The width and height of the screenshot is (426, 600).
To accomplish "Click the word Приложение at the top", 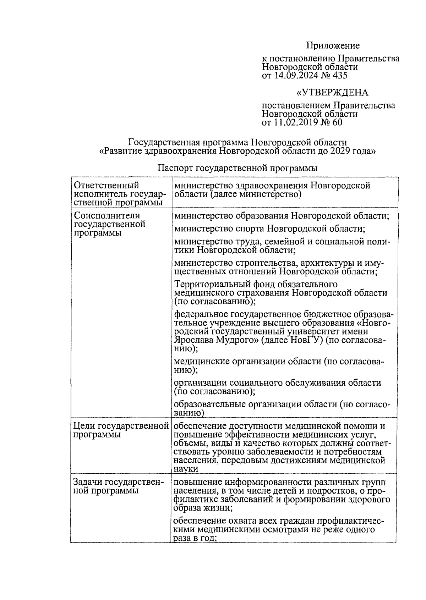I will (333, 46).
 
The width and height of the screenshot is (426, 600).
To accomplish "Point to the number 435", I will (339, 75).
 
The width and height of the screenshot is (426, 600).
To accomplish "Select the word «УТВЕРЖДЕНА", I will (332, 93).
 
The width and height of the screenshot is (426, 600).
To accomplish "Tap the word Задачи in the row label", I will (88, 482).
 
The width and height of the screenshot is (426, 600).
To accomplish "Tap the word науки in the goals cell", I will (186, 469).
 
